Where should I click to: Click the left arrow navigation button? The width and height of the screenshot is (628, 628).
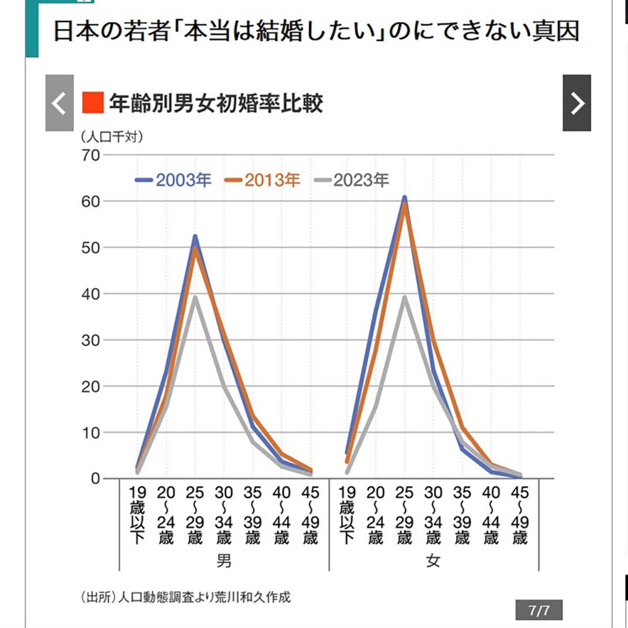(59, 103)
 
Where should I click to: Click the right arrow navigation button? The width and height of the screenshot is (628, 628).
(576, 103)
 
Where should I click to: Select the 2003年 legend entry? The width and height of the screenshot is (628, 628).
(174, 180)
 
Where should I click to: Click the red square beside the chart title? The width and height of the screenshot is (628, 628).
(92, 103)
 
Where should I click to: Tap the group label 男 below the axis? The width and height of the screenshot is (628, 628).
(224, 561)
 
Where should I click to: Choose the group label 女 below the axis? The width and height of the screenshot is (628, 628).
(433, 561)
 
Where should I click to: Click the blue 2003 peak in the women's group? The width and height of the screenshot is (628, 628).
(404, 197)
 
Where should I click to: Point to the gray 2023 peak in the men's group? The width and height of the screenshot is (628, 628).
(195, 297)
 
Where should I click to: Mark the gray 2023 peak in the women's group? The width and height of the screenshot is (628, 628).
(404, 297)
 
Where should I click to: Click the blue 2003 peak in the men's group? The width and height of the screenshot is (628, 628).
(195, 236)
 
